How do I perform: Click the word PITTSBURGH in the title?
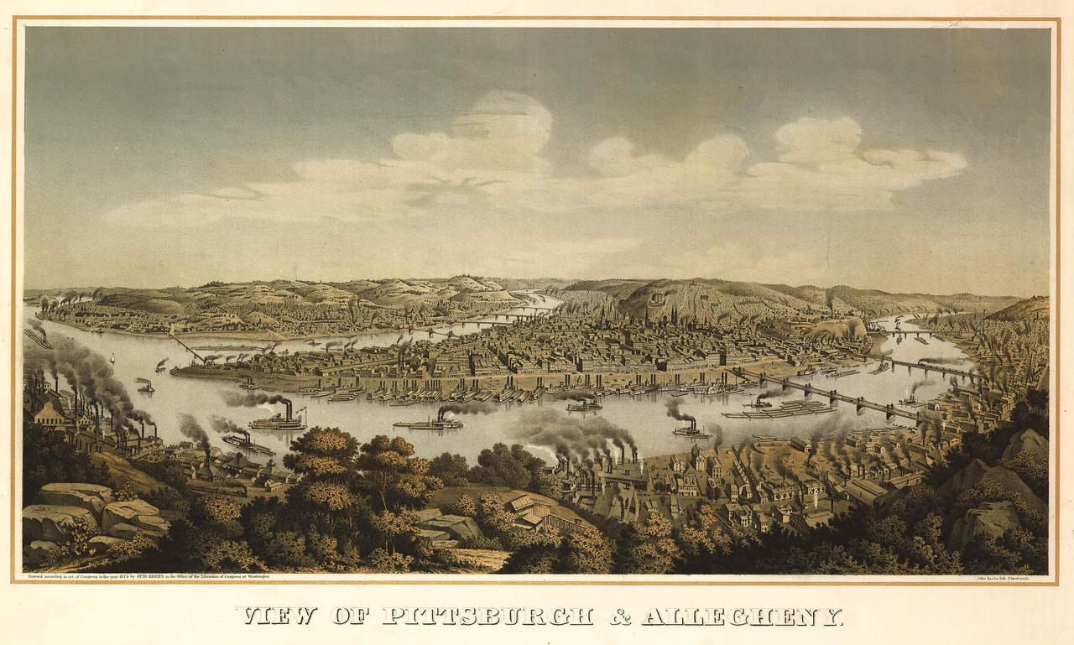[x=487, y=616]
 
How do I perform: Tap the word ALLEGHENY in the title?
[x=742, y=616]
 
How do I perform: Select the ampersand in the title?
[x=619, y=616]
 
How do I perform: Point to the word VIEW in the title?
[x=277, y=616]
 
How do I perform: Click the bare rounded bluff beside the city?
[x=835, y=328]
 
